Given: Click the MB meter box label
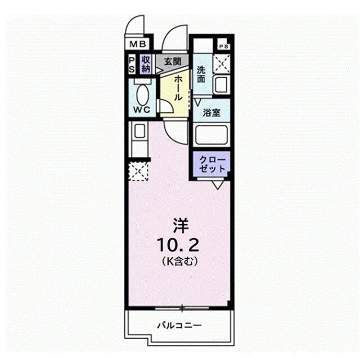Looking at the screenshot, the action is tap(138, 44).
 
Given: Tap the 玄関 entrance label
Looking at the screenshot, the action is tap(173, 61).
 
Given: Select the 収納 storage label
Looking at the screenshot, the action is tap(146, 64).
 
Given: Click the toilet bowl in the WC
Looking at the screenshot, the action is tap(143, 95).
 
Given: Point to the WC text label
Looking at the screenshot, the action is tap(142, 110).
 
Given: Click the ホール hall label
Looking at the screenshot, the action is tap(178, 88).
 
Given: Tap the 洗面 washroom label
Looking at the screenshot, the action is tap(201, 75).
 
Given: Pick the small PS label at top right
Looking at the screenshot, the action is tap(224, 47).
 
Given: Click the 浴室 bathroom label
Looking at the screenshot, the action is tap(211, 112).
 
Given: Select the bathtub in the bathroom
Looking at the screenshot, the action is tap(211, 134).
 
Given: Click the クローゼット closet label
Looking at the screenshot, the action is tap(211, 164).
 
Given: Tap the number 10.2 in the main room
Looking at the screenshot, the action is tap(178, 245).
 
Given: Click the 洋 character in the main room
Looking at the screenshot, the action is tap(181, 226).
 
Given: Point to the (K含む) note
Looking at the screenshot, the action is tap(180, 261).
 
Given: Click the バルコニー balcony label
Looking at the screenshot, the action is tap(179, 325).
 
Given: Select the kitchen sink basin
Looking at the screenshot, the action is tap(139, 131).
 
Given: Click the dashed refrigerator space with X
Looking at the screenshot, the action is tap(138, 171).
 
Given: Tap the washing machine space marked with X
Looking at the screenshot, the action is tap(222, 63).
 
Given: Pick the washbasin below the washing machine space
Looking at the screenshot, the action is tap(221, 85).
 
